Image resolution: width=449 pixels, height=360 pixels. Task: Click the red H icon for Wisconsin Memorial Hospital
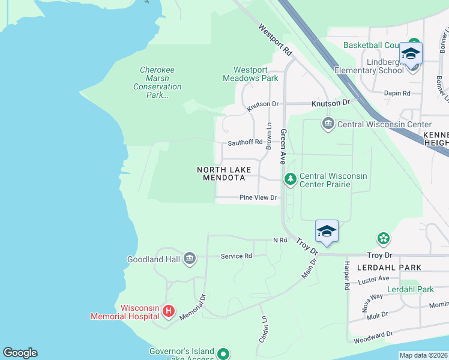pos(169,311)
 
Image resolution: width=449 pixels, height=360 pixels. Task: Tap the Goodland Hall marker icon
pos(189,259)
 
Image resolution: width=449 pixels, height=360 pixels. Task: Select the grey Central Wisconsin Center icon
pos(328,125)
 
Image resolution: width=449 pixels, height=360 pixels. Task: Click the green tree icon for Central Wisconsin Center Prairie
pos(291,179)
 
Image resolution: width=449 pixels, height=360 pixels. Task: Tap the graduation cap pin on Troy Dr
pos(327,232)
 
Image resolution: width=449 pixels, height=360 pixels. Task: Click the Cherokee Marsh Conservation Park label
pos(157,82)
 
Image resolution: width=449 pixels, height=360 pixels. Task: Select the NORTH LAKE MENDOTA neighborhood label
pos(221,174)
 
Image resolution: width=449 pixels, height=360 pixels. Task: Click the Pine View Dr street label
pos(258,197)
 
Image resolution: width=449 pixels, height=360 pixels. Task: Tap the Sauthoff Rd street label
pos(245,143)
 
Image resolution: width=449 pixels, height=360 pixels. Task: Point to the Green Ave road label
pos(283,146)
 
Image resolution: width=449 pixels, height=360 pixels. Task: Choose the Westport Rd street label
pos(275,40)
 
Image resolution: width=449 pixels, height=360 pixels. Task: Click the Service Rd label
pos(236,256)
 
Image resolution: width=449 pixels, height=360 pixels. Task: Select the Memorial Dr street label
pos(193,307)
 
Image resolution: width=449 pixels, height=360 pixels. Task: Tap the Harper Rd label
pos(346,276)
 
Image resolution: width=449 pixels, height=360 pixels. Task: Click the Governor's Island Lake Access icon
pos(223,354)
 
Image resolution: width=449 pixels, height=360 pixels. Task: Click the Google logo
pos(20,353)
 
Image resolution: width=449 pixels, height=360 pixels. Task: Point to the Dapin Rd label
pos(397,93)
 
